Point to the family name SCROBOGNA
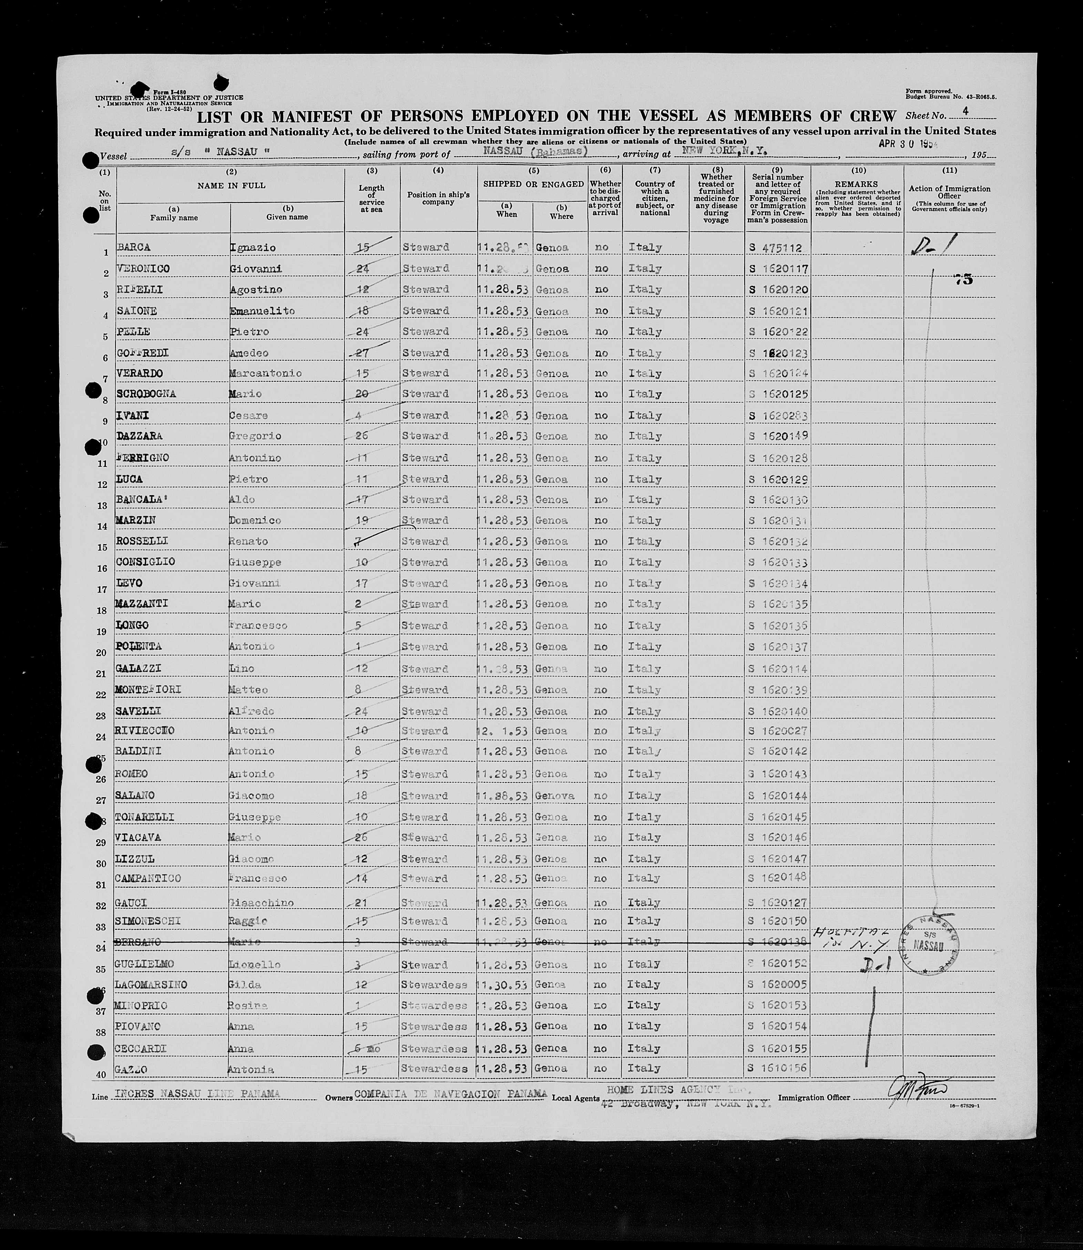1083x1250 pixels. (146, 394)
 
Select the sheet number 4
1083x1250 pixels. (966, 111)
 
